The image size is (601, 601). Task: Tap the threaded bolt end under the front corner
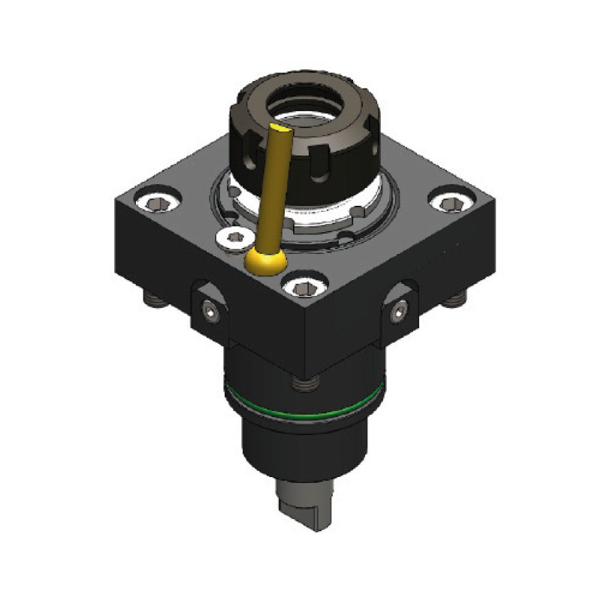pyautogui.click(x=304, y=384)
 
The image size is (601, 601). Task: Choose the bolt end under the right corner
pyautogui.click(x=452, y=301)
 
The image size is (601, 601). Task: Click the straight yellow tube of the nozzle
pyautogui.click(x=272, y=188)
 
